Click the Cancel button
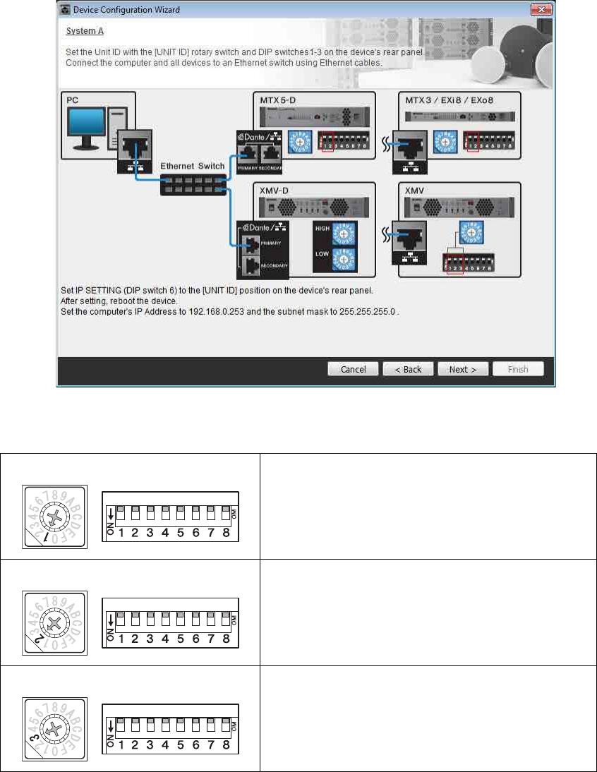pos(354,369)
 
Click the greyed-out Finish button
pos(519,369)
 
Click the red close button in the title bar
pos(541,10)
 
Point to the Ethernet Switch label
pos(193,166)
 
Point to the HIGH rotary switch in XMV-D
pos(344,233)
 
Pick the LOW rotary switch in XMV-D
pos(344,260)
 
